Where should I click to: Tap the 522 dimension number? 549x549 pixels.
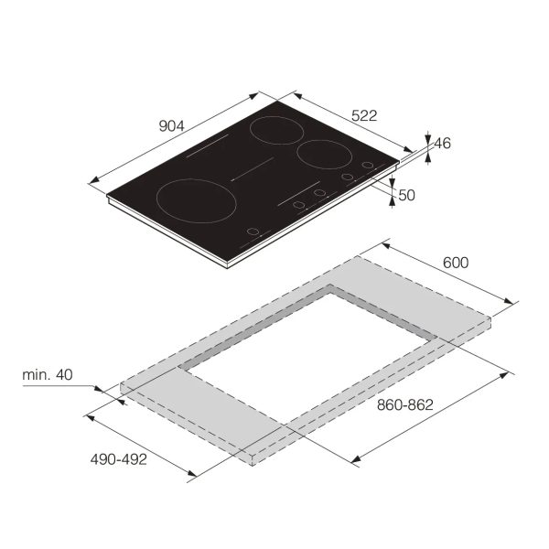pyautogui.click(x=364, y=115)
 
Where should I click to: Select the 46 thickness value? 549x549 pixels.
pyautogui.click(x=442, y=144)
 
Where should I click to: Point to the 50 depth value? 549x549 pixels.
pyautogui.click(x=407, y=194)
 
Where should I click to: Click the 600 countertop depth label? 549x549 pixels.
pyautogui.click(x=455, y=263)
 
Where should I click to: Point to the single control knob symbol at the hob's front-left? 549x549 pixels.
pyautogui.click(x=252, y=232)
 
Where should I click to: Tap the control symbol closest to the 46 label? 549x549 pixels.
pyautogui.click(x=368, y=166)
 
